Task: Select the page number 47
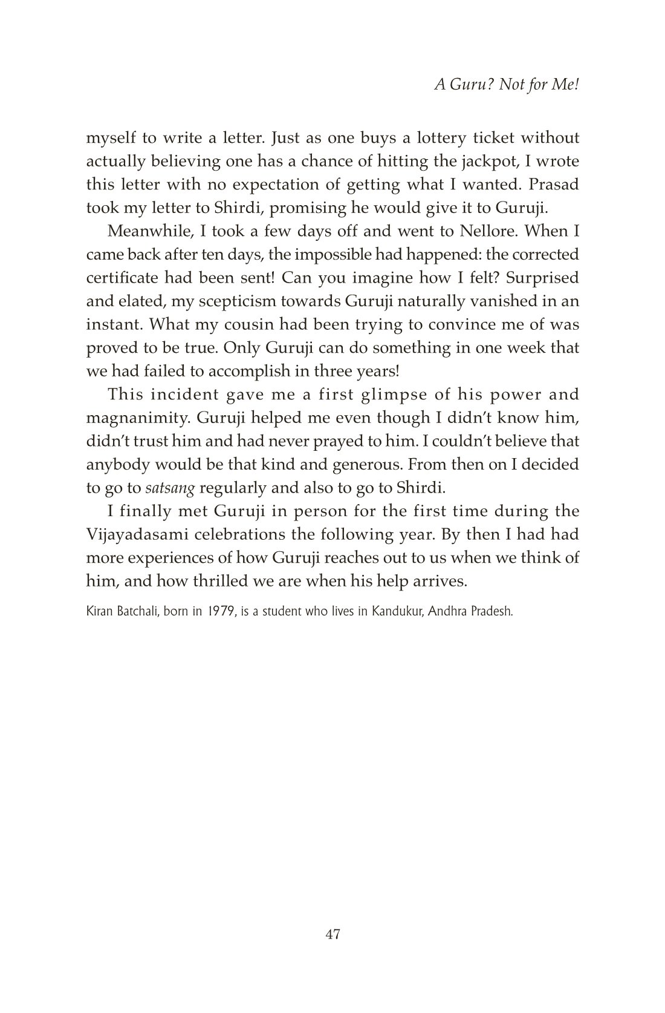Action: point(332,934)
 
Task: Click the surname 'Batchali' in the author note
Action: point(136,611)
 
